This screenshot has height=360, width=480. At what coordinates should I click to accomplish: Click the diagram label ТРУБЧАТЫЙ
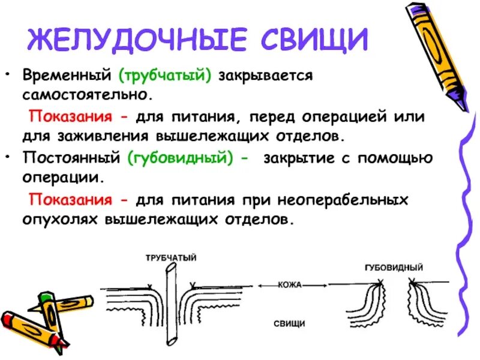click(170, 258)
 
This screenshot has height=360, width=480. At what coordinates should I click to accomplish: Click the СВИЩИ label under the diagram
click(289, 324)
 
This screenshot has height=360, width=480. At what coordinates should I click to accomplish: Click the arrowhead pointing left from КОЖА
click(262, 286)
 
